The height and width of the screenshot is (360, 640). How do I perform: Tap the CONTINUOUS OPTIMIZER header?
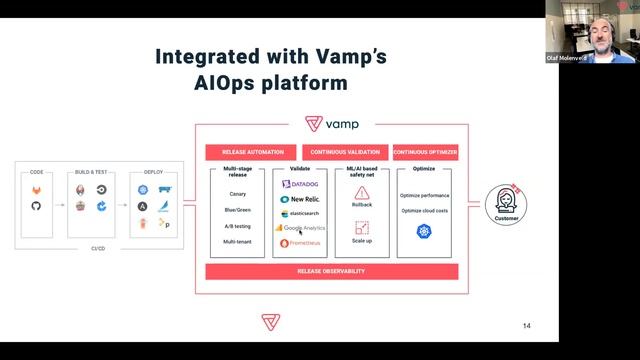(424, 153)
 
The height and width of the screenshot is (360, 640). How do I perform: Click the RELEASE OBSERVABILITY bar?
(331, 271)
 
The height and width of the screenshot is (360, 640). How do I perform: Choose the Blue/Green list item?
(237, 211)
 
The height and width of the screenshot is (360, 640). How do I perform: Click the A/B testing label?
(237, 226)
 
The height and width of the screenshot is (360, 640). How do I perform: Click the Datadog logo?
(299, 185)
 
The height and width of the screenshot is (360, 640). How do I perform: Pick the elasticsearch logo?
(299, 214)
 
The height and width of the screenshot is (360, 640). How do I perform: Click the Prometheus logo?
(299, 243)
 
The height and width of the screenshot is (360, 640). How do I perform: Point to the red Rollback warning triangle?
(362, 193)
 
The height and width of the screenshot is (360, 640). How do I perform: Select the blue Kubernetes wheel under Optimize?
(424, 231)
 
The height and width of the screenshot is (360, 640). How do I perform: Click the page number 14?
(527, 326)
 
